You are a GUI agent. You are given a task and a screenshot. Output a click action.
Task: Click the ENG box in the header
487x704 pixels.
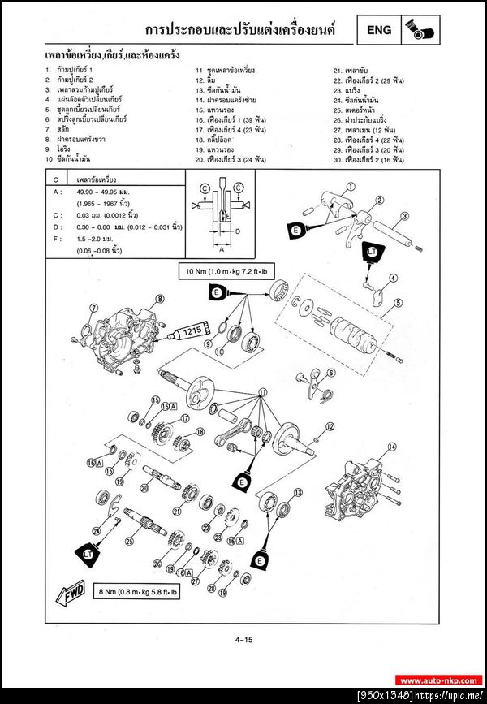point(379,31)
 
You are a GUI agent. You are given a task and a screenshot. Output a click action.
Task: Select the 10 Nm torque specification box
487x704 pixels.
point(217,270)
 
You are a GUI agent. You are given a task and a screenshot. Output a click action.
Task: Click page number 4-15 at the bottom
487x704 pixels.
point(244,641)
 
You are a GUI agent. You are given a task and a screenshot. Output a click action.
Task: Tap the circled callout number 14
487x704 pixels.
point(391,447)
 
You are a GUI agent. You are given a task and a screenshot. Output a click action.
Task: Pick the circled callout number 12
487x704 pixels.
point(330,426)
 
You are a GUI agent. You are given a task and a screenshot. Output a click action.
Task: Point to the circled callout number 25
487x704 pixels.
point(128,540)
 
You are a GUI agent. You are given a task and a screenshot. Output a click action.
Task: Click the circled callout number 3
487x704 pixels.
point(403,218)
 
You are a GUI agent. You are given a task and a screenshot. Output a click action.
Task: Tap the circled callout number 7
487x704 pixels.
point(93,308)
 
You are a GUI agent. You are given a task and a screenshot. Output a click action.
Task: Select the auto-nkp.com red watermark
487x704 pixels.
point(439,680)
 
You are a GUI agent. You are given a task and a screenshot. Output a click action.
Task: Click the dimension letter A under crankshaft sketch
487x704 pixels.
point(221,250)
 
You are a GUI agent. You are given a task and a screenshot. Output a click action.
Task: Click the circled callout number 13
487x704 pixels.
point(298,492)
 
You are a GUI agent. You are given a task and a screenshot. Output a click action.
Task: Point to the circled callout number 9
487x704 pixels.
point(208,345)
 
